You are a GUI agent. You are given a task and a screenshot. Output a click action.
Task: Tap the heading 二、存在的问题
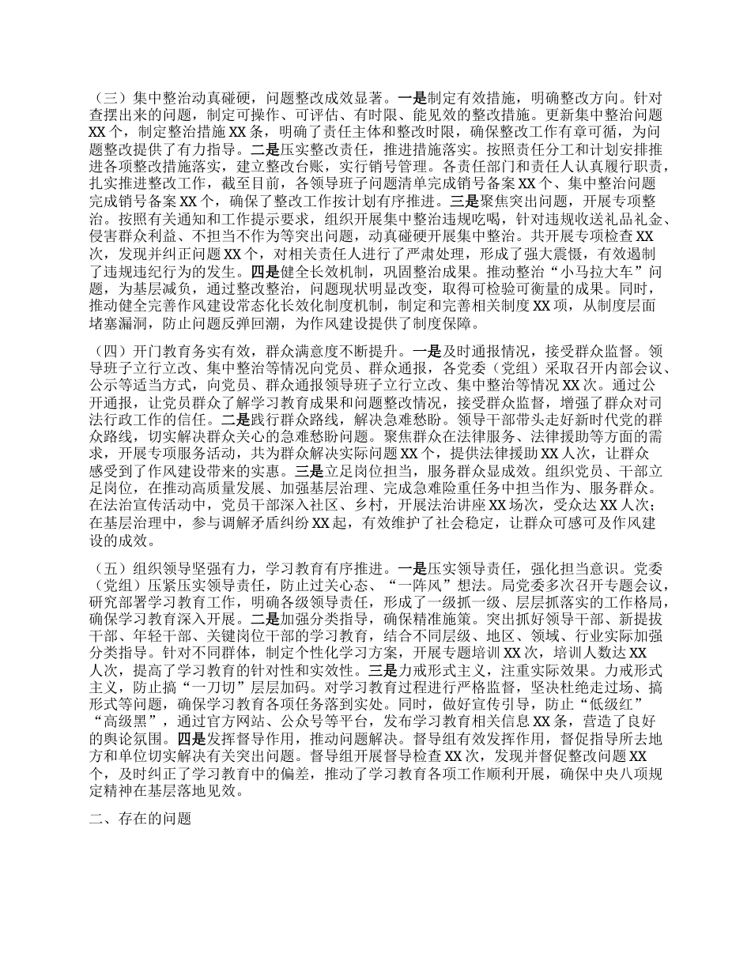point(141,819)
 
